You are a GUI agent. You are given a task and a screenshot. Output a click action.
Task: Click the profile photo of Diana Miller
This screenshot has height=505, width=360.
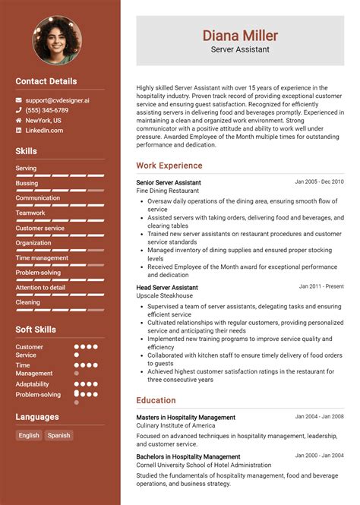[x=57, y=39]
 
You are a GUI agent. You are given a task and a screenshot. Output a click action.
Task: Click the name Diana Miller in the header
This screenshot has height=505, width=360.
[x=240, y=35]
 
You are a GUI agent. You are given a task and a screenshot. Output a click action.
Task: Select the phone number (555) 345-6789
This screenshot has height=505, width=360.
[x=46, y=110]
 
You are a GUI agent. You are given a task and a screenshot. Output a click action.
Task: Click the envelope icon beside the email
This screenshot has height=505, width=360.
[x=19, y=100]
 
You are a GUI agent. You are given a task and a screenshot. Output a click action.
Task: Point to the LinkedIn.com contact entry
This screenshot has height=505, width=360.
[x=44, y=131]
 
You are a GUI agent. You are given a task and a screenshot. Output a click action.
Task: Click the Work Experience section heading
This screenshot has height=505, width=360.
[x=169, y=166]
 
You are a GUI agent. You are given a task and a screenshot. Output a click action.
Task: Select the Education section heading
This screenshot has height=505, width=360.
[x=156, y=400]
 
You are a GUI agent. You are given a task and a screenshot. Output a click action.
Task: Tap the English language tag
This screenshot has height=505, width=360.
[x=29, y=435]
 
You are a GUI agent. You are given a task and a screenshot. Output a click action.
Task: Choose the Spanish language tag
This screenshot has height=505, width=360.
[x=58, y=435]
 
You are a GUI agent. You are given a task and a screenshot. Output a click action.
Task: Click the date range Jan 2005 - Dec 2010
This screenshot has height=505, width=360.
[x=319, y=182]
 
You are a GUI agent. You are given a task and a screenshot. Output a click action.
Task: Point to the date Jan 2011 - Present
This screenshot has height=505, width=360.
[x=321, y=287]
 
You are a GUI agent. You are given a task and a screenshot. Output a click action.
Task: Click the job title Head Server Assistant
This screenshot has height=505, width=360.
[x=167, y=288]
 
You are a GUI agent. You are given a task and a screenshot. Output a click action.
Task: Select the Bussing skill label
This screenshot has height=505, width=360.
[x=27, y=183]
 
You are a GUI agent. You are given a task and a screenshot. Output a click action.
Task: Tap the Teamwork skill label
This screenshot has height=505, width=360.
[x=30, y=213]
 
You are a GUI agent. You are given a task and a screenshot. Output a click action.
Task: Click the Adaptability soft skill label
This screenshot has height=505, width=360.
[x=33, y=384]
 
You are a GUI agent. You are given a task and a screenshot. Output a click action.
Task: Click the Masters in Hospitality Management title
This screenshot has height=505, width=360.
[x=186, y=418]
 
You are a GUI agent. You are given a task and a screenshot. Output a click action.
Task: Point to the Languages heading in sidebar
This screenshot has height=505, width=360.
[x=36, y=417]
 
